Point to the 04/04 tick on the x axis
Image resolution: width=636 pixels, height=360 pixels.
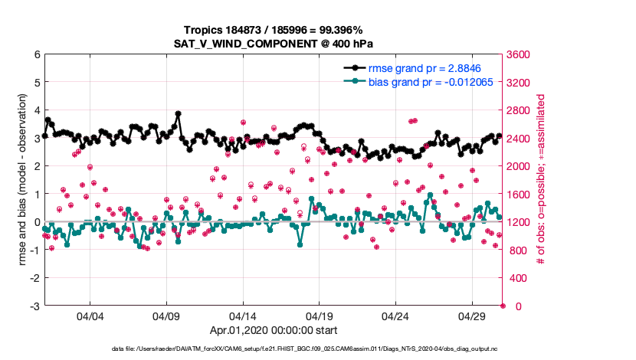point(90,316)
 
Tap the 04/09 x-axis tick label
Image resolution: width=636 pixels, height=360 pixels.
point(166,316)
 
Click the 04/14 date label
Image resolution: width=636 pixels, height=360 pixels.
point(243,316)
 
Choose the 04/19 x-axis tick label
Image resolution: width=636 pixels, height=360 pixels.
point(320,316)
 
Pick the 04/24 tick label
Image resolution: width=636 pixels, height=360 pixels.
point(395,316)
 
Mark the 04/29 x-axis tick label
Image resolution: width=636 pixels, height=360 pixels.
point(472,316)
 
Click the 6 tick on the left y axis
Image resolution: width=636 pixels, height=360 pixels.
point(36,54)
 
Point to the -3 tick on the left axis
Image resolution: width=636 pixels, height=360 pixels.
point(34,306)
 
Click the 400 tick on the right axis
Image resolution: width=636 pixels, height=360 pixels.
point(516,278)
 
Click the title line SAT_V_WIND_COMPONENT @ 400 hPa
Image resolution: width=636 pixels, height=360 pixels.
point(274,43)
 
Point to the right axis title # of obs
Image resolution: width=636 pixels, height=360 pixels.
point(542,180)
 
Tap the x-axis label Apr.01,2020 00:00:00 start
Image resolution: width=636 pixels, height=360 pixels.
point(274,332)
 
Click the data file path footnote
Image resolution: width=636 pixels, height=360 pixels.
point(274,349)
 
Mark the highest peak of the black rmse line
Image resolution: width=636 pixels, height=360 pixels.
point(178,113)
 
